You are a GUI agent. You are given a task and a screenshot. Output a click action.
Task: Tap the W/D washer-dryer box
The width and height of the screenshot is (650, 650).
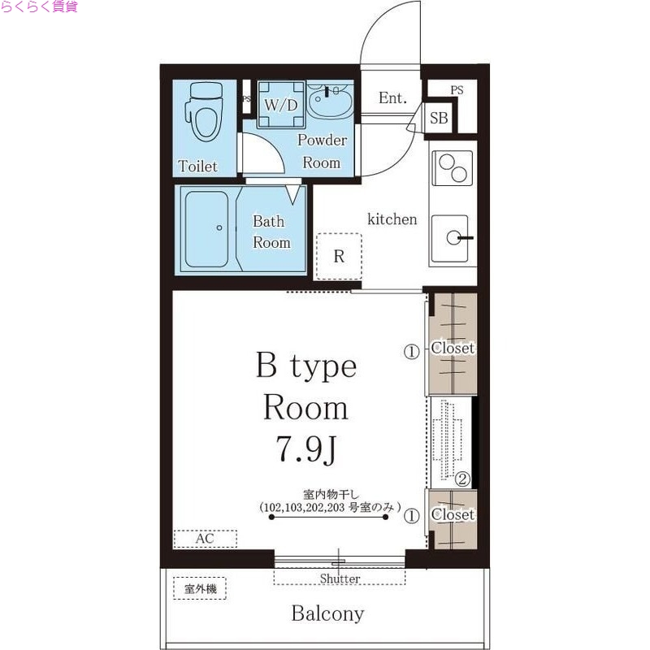281,105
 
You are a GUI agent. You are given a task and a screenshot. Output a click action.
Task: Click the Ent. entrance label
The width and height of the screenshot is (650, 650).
392,98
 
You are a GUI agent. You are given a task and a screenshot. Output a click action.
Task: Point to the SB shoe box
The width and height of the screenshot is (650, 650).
439,118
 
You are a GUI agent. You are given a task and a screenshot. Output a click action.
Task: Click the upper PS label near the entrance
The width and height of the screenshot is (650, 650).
457,90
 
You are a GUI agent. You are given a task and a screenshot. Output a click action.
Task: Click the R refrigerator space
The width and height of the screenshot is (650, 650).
339,256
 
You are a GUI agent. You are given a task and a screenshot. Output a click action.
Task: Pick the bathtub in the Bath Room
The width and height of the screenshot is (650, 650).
208,229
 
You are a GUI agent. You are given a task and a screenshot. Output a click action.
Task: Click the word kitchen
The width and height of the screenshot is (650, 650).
392,219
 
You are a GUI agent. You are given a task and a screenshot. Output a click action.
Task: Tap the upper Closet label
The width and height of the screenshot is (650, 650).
453,348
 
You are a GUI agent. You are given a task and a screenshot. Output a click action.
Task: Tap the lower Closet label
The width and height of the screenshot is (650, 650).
453,515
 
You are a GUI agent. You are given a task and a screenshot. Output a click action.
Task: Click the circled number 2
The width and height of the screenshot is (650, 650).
461,479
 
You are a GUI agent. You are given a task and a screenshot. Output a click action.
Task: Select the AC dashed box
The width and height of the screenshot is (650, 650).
205,539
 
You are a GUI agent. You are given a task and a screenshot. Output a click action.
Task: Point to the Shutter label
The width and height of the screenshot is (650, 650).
340,578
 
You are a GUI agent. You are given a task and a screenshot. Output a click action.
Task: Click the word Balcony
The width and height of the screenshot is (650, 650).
327,614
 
